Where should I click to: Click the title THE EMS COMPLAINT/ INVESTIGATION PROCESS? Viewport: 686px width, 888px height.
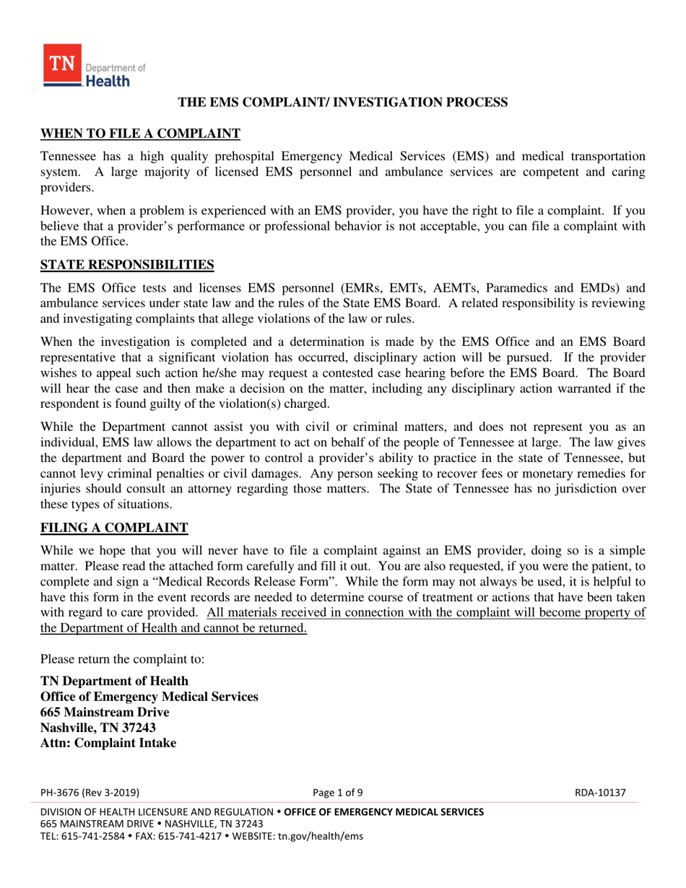coord(343,103)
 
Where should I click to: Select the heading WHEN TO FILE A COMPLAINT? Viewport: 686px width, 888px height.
coord(139,134)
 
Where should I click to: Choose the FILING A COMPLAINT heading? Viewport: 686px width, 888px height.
coord(114,528)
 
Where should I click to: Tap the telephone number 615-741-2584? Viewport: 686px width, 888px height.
coord(89,837)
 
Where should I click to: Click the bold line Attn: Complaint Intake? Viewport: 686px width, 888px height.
coord(108,743)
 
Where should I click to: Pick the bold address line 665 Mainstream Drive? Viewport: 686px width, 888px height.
coord(105,712)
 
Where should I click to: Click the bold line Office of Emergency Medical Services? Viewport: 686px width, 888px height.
coord(149,697)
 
